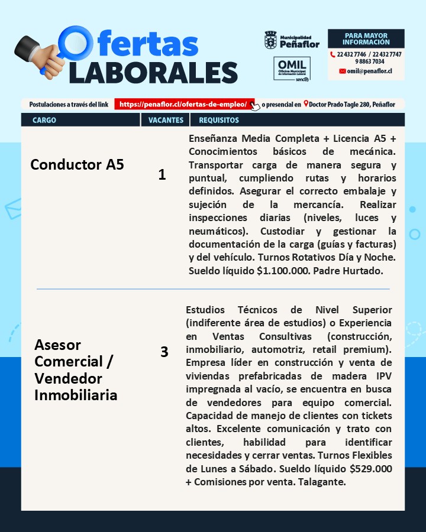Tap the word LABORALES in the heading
tap(153, 72)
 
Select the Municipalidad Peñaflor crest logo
tap(270, 40)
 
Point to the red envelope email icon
tap(342, 71)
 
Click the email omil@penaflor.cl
tap(369, 71)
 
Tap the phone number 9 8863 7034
tap(370, 61)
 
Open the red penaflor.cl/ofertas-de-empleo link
tap(183, 105)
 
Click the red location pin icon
tap(306, 105)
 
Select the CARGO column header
tap(44, 120)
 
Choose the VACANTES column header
tap(166, 120)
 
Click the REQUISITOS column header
tap(219, 120)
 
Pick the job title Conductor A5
tap(77, 164)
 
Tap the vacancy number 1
tap(162, 175)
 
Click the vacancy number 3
tap(164, 352)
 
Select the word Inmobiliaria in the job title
tap(76, 395)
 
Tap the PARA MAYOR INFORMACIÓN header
tap(366, 39)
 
